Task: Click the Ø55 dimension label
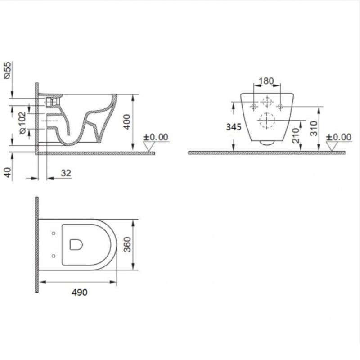(x=7, y=71)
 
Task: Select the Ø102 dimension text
(x=23, y=123)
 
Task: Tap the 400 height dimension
(x=127, y=122)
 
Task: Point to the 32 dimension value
(x=66, y=173)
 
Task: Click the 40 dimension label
(x=8, y=172)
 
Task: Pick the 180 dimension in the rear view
(x=266, y=81)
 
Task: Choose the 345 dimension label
(x=234, y=127)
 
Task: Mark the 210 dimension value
(x=296, y=135)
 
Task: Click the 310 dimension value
(x=314, y=129)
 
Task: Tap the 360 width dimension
(x=127, y=244)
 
